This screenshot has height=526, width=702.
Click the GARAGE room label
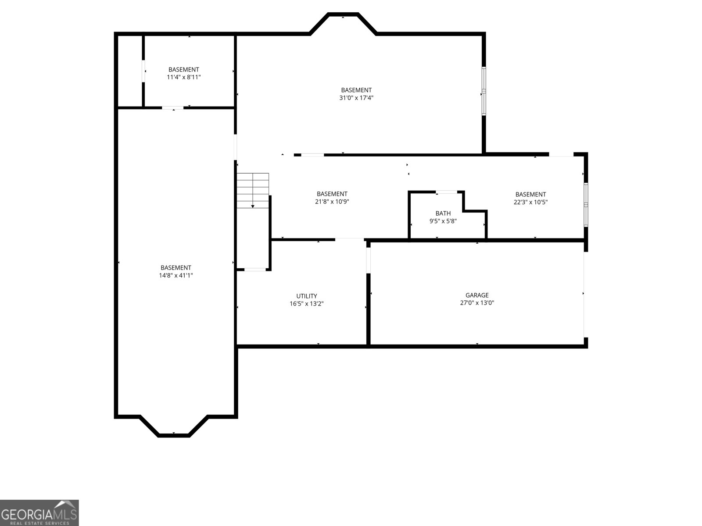coord(477,295)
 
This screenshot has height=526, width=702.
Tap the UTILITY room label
coord(306,296)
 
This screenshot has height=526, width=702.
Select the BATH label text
coord(443,213)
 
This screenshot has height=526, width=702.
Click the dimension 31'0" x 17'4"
coord(356,98)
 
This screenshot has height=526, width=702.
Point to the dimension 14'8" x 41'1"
coord(176,275)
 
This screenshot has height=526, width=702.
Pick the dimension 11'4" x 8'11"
coord(183,77)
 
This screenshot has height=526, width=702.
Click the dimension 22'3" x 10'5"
coord(530,202)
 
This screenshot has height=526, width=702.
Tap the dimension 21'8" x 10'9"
coord(332,202)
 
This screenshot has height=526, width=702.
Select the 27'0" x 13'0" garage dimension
coord(477,302)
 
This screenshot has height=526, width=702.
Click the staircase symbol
coord(253,191)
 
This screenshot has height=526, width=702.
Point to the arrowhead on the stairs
coord(253,206)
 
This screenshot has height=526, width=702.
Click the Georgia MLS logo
coord(39,512)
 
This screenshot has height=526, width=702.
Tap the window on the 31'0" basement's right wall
coord(484,91)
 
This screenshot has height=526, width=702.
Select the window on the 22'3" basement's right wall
coord(586,205)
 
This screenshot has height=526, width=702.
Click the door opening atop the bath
coord(447,192)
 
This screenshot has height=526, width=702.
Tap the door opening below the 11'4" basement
coord(173,108)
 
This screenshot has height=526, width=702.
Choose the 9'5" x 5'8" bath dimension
coord(443,221)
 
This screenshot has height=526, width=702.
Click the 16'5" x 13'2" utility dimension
coord(306,303)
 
